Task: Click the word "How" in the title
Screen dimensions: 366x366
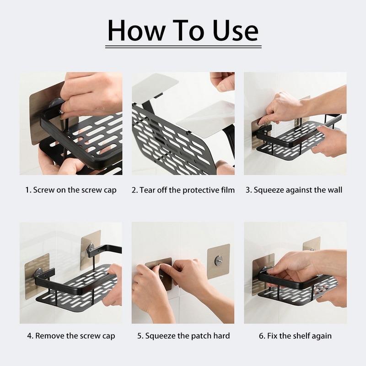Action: (136, 31)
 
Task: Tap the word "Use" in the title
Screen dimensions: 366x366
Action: (236, 31)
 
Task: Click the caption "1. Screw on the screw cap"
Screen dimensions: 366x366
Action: (71, 190)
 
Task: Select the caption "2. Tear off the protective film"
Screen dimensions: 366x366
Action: (183, 190)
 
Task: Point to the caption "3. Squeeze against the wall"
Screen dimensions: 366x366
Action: (294, 190)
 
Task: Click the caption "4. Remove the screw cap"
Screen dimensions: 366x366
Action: (71, 336)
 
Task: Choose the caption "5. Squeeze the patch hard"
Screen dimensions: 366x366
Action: (183, 336)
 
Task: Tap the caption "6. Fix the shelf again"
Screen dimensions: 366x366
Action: (295, 336)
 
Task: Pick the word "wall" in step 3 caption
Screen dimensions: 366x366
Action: (335, 190)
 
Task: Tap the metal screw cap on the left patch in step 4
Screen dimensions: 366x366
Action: (38, 273)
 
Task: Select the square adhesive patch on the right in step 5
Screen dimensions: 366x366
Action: (219, 261)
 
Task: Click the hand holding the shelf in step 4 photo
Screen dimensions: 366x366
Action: (113, 285)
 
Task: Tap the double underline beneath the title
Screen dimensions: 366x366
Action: (183, 47)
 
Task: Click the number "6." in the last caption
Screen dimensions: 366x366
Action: (262, 336)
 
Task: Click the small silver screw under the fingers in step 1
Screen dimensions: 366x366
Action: (61, 112)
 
